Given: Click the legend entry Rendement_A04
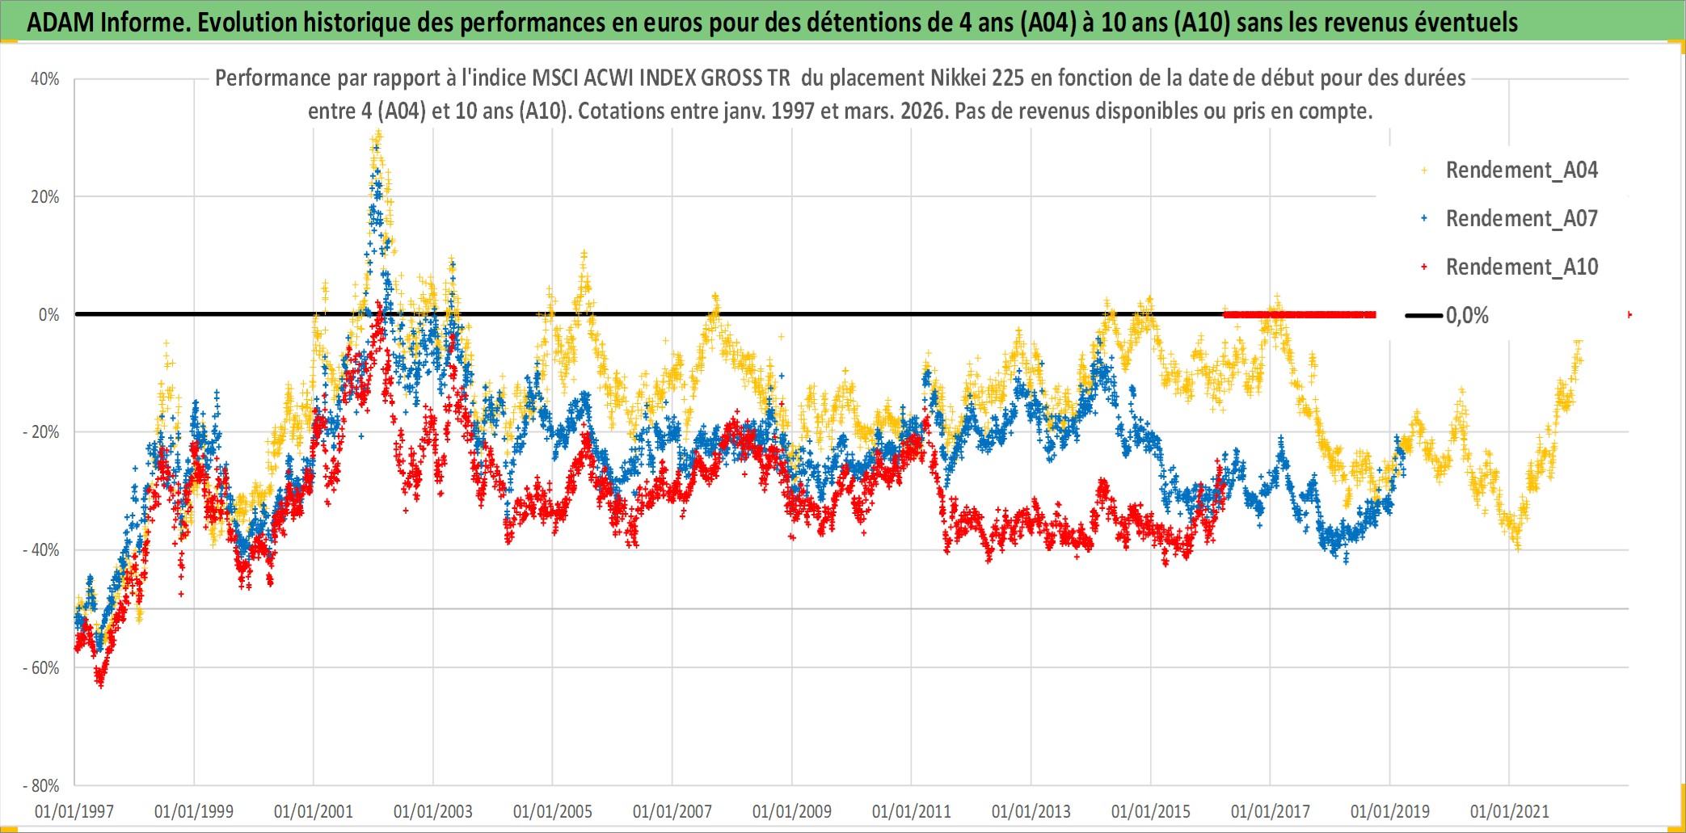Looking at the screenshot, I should coord(1521,170).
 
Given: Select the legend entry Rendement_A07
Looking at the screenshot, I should coord(1521,219).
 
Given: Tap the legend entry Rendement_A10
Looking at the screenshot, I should coord(1521,267).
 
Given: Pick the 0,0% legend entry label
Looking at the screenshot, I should coord(1467,316).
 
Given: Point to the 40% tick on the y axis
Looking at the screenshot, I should coord(45,79).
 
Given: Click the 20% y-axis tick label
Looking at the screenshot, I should coord(45,197).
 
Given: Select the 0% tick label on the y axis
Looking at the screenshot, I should coord(49,315).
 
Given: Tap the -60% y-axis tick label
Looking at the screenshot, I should coord(41,668).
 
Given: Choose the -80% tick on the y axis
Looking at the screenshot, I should coord(41,786).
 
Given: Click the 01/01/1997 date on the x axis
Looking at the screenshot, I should coord(74,811).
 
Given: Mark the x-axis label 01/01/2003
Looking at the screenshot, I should coord(433,811).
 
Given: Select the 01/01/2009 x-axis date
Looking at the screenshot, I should coord(792,811).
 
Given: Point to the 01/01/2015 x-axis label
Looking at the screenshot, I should coord(1151,811).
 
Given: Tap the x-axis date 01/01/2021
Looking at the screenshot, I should coord(1510,811).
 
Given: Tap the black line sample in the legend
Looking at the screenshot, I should coord(1423,316).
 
